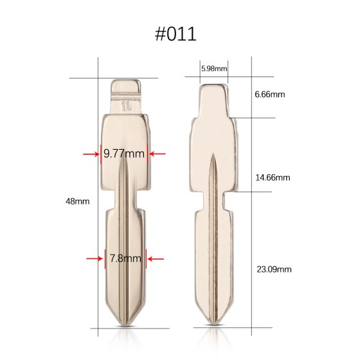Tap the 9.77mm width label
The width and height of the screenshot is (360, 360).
coord(124,154)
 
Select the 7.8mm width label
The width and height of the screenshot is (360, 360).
coord(125,259)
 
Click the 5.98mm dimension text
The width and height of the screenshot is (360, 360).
coord(214,67)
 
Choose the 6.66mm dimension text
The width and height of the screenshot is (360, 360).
coord(269,94)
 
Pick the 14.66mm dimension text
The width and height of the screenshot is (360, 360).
coord(272,177)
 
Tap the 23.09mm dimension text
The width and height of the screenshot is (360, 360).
coord(273,269)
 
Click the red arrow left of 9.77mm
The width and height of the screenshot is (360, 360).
coord(91,154)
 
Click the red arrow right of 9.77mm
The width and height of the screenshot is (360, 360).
coord(157,154)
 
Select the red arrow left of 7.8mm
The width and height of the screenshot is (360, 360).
coord(94,259)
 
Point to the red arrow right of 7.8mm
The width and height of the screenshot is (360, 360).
coord(156,259)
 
